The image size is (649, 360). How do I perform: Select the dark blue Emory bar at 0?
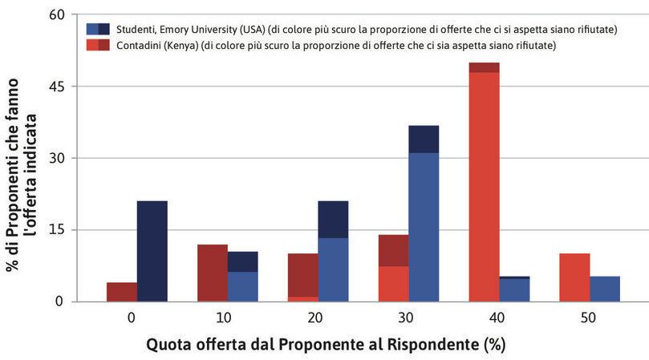[x=152, y=251]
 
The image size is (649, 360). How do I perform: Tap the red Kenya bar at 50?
[x=574, y=277]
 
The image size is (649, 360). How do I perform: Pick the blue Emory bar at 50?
[x=605, y=289]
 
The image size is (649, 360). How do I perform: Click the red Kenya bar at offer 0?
[x=121, y=292]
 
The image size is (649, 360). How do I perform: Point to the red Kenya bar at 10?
[x=213, y=273]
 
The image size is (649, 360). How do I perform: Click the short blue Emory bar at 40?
[x=514, y=289]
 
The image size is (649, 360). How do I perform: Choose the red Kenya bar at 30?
[x=393, y=268]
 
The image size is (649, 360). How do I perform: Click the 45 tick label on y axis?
[x=58, y=87]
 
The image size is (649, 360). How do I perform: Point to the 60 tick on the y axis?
[x=58, y=15]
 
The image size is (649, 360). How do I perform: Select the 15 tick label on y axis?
[x=58, y=230]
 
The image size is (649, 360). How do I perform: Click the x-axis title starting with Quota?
[x=326, y=345]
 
